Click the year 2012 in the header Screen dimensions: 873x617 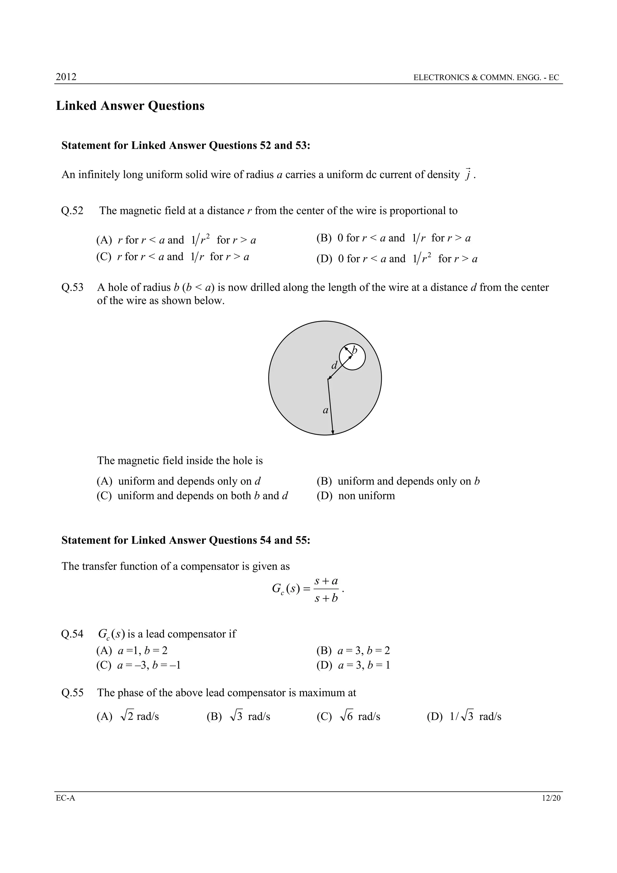[x=66, y=77]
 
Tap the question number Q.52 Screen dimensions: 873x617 [x=72, y=211]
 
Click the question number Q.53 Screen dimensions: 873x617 [x=72, y=287]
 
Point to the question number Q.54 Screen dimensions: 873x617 [x=72, y=634]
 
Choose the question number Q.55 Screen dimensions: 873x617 [x=72, y=692]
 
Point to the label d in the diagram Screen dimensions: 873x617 [x=334, y=366]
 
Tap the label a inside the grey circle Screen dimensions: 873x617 [x=325, y=410]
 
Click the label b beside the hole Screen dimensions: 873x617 [x=355, y=350]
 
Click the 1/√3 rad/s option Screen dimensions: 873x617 [x=464, y=717]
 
